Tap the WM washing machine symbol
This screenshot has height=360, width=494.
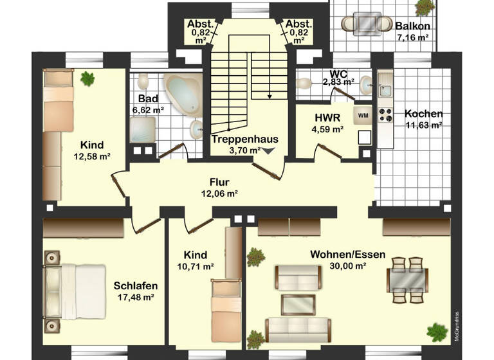tap(362, 116)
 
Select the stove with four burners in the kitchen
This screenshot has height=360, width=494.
tap(385, 114)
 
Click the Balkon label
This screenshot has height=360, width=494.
tap(413, 26)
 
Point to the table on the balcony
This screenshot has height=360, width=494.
tap(366, 24)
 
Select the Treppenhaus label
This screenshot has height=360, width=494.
tap(235, 139)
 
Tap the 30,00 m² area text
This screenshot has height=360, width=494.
tap(347, 265)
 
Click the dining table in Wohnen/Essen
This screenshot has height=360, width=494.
tap(407, 279)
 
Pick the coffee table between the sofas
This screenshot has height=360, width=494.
tap(298, 303)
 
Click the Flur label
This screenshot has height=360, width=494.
tap(219, 182)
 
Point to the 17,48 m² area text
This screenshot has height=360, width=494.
tap(136, 297)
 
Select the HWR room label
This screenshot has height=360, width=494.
tap(323, 118)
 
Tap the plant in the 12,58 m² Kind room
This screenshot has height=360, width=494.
tap(87, 79)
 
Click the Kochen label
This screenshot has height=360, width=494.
tap(423, 114)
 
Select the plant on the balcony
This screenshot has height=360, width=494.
tap(425, 8)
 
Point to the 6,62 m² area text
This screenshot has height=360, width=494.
tap(148, 110)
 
